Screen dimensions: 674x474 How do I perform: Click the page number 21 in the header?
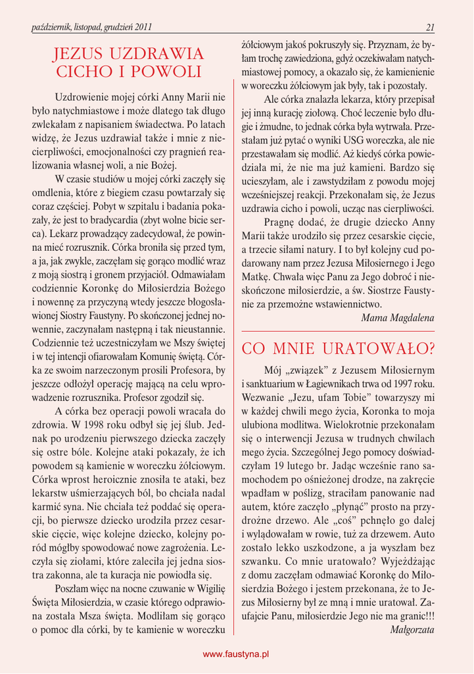430,27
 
